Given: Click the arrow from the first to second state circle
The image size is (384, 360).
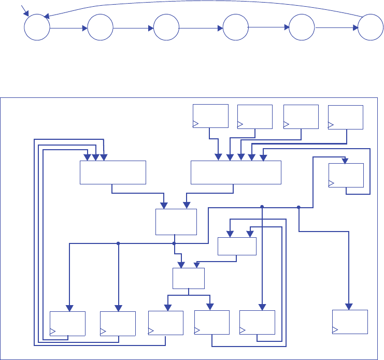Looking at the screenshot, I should (x=68, y=28).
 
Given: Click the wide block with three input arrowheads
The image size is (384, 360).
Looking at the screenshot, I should (x=113, y=172).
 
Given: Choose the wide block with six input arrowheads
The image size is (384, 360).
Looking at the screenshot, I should (x=236, y=172).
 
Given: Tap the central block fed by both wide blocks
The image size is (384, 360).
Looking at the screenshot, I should (x=176, y=222).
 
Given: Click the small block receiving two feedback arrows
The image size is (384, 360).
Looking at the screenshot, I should (x=237, y=246).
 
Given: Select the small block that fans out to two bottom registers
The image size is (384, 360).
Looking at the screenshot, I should (x=188, y=278).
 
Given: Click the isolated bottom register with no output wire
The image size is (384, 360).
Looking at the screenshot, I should (x=350, y=322).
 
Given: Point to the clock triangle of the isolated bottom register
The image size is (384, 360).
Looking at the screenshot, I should (x=335, y=329).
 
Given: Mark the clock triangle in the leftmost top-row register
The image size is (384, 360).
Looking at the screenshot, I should (x=196, y=123).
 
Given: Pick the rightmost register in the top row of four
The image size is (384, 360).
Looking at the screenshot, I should (x=346, y=117).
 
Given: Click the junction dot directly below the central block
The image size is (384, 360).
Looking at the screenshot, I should (x=175, y=243).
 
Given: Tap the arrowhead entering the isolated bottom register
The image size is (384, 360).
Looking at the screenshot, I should (x=350, y=306).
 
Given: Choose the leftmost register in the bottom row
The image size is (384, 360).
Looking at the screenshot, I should (x=67, y=324).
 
